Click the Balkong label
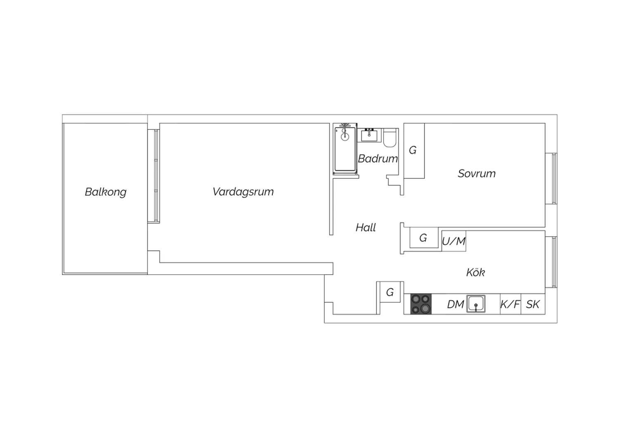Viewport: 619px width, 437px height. click(x=106, y=192)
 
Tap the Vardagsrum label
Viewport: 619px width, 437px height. click(x=243, y=192)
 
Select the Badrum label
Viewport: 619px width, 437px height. click(x=378, y=159)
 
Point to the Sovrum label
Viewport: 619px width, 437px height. click(x=477, y=174)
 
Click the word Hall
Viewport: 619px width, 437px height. click(x=366, y=228)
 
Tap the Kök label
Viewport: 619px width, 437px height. click(x=475, y=272)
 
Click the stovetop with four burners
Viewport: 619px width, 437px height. click(x=421, y=304)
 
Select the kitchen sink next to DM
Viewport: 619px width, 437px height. click(x=476, y=304)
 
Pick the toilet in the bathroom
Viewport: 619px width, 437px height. click(x=390, y=138)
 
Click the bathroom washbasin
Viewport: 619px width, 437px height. click(x=369, y=135)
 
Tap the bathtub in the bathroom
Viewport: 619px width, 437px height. click(x=345, y=149)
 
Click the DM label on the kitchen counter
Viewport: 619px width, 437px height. click(x=456, y=304)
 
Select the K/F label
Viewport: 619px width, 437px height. click(x=510, y=304)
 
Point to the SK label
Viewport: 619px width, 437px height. click(x=533, y=304)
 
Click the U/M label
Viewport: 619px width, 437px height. click(x=454, y=241)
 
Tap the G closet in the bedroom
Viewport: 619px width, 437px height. click(x=414, y=151)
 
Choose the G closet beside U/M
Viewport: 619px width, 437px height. click(x=424, y=238)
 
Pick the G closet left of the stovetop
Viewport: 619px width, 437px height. click(x=390, y=292)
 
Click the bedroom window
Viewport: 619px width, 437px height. click(x=551, y=179)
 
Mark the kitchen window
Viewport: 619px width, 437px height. click(x=551, y=262)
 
